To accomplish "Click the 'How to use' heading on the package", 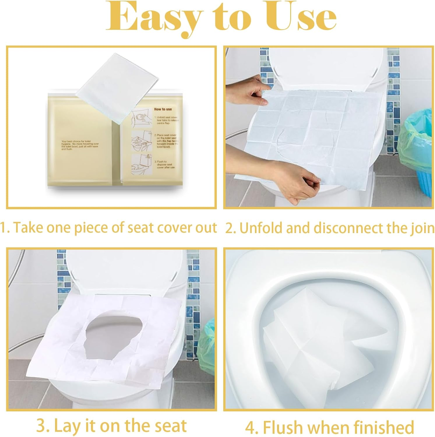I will click(163, 109).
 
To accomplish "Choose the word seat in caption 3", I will click(170, 426).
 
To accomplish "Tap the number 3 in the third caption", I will click(41, 426).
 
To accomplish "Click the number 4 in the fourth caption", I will click(250, 427).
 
